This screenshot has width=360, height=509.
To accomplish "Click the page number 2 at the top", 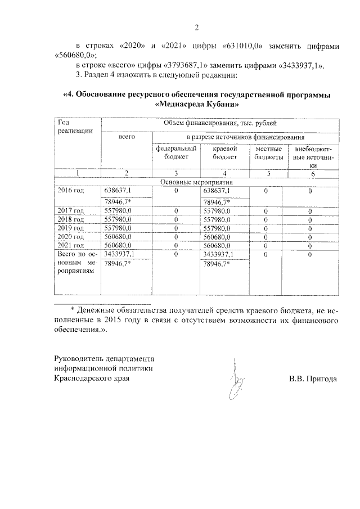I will (197, 28).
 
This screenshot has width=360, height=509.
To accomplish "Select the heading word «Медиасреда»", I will (186, 104).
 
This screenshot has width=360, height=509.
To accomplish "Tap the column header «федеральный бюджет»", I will (175, 153).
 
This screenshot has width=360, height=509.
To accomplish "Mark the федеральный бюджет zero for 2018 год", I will (176, 220).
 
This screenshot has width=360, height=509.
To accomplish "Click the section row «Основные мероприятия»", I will (196, 182).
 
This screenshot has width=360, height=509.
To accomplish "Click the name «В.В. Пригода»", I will (313, 379).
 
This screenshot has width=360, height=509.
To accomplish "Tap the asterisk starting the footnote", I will (72, 310).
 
